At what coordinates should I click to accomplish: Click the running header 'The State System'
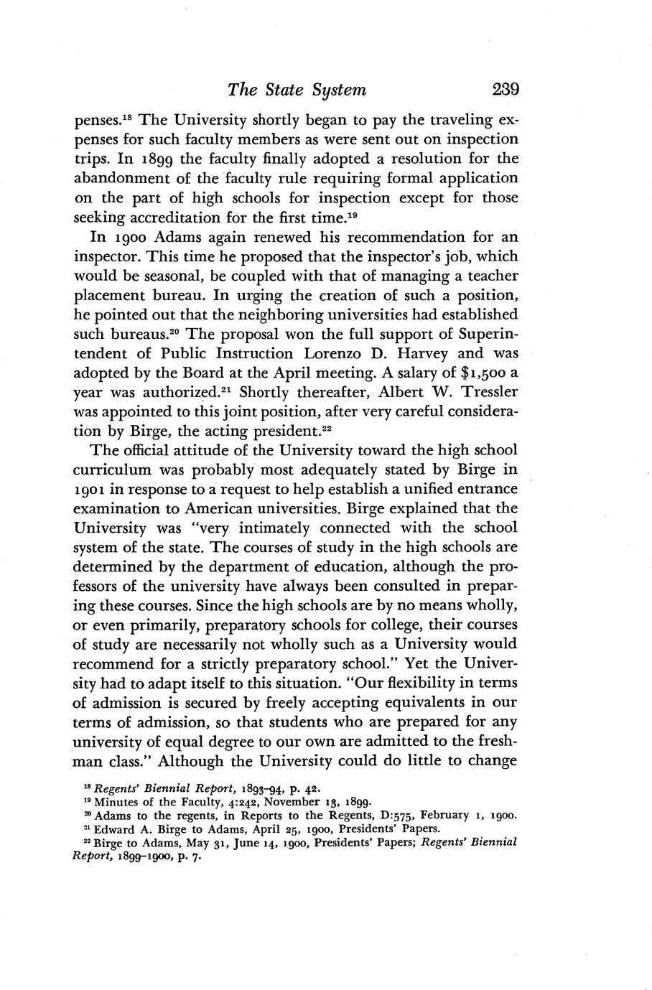point(297,90)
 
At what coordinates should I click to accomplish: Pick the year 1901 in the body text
point(92,490)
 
